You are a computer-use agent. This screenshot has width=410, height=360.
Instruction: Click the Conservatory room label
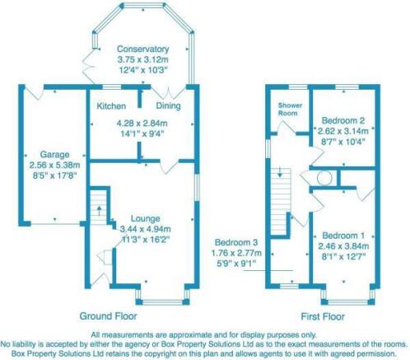tap(142, 49)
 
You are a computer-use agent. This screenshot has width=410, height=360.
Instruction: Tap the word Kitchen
tap(111, 107)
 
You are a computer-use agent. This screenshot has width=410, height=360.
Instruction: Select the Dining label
tap(168, 107)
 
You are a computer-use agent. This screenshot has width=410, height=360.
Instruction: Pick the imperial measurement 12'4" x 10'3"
tap(142, 71)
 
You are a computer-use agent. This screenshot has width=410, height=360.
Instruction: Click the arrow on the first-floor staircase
tap(281, 174)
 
